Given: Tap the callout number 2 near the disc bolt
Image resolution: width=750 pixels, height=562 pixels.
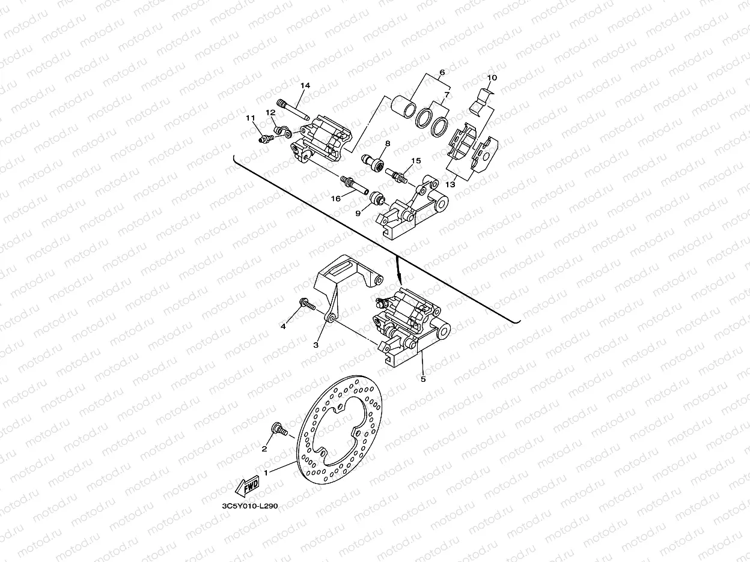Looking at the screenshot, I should [x=264, y=449].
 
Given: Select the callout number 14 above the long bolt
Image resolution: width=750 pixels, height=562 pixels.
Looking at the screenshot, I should [x=305, y=86].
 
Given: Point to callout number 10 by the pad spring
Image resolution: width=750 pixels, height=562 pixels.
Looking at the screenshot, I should [x=492, y=78].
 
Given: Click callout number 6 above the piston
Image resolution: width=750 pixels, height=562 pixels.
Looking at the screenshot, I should [x=442, y=73].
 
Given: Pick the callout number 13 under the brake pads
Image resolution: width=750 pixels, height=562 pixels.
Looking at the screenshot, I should [x=450, y=185].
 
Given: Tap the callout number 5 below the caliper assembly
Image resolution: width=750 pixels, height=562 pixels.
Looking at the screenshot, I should [x=423, y=379].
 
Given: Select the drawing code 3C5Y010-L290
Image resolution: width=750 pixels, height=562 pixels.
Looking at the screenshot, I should [x=249, y=507].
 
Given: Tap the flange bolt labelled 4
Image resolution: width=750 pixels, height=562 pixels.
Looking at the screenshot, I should [x=306, y=306].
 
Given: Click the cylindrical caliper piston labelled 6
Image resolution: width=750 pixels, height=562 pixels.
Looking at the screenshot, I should [x=403, y=108].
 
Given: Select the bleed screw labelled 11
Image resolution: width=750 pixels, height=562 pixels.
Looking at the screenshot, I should [x=264, y=139].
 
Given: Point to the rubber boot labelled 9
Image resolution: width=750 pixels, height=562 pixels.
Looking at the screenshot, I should [x=377, y=199].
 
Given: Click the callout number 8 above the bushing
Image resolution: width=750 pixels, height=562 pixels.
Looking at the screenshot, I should [x=388, y=144].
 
